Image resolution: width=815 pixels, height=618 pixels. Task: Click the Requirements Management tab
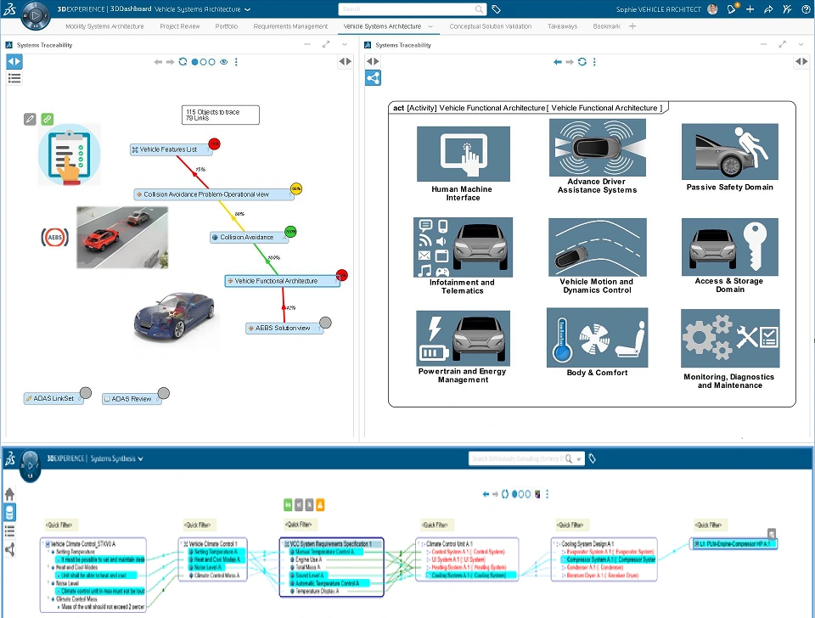[x=290, y=26]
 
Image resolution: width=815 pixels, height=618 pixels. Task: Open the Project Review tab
[x=180, y=26]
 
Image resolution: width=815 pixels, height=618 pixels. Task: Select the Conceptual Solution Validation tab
[x=491, y=26]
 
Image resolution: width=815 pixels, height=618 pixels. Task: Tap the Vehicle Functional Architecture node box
[x=282, y=281]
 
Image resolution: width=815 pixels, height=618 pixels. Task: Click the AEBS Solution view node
[x=284, y=329]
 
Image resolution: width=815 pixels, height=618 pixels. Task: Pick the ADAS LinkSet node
[x=54, y=398]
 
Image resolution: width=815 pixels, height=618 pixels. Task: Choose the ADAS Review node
[x=131, y=398]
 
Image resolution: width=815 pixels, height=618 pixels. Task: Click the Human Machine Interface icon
[x=463, y=154]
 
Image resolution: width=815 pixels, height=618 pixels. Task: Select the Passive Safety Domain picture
[x=729, y=152]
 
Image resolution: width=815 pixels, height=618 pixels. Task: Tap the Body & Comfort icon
[x=597, y=337]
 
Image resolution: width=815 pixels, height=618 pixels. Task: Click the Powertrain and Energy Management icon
[x=463, y=338]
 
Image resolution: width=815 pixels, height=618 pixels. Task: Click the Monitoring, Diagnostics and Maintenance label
[x=729, y=381]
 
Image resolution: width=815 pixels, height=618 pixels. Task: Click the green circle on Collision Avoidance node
[x=290, y=231]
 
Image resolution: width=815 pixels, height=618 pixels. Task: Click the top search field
[x=411, y=9]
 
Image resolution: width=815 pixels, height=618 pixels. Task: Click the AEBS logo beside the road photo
[x=55, y=238]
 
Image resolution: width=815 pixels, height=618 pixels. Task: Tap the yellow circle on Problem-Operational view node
[x=296, y=188]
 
